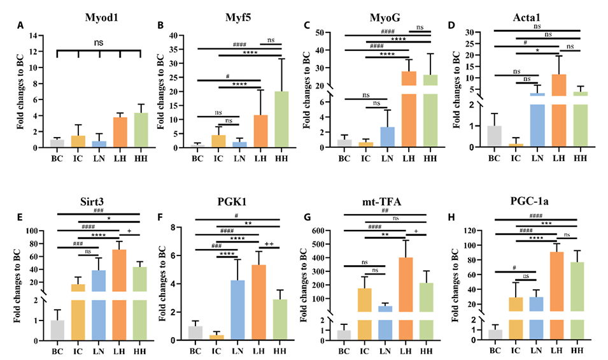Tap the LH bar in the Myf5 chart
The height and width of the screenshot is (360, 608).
coord(261,131)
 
